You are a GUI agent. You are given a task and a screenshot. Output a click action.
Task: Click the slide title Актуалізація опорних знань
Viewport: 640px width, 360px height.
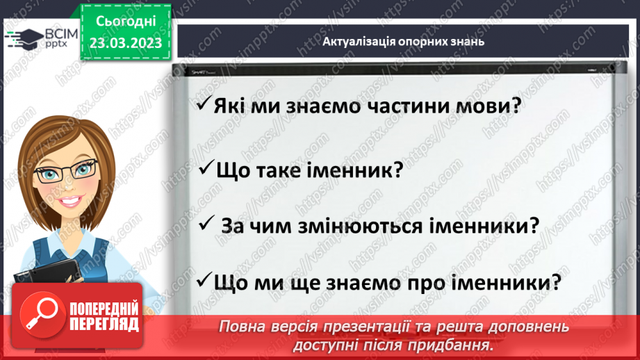pos(403,41)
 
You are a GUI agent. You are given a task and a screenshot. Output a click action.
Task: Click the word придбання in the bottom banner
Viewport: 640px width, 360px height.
pos(452,345)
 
